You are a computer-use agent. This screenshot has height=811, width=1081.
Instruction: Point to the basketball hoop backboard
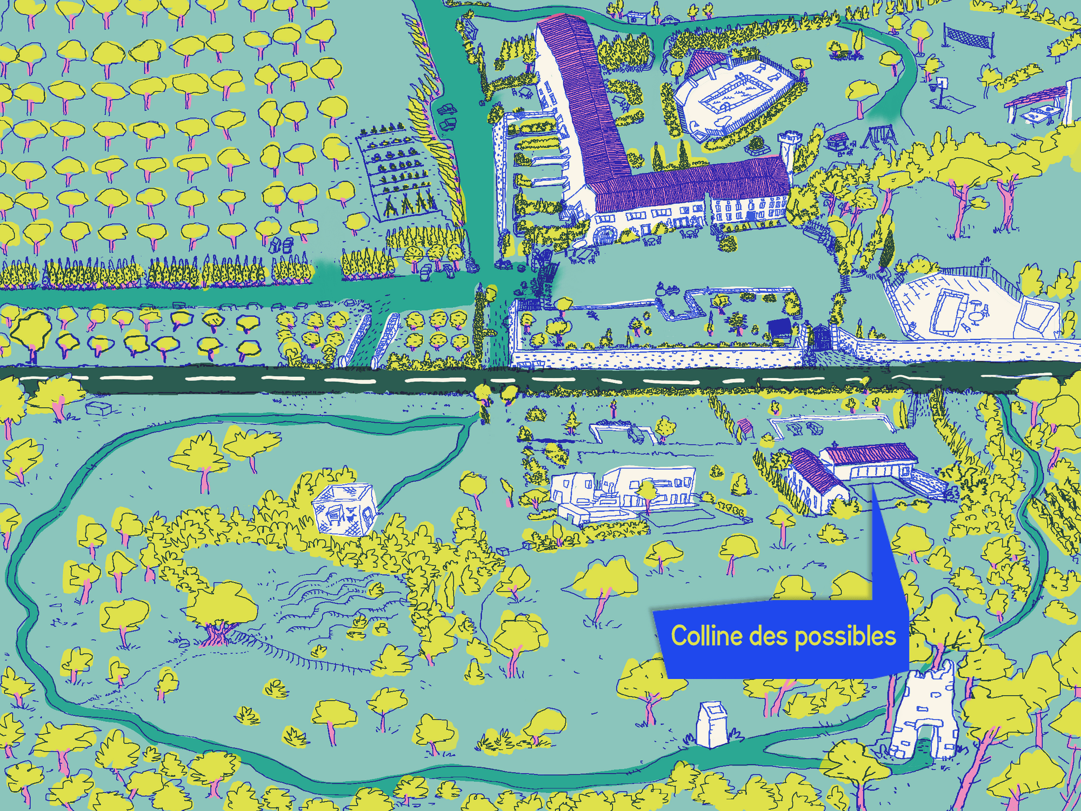click(942, 82)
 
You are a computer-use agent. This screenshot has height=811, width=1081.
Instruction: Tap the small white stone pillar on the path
click(712, 724)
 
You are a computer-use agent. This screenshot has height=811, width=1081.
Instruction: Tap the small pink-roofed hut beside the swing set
click(837, 141)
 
